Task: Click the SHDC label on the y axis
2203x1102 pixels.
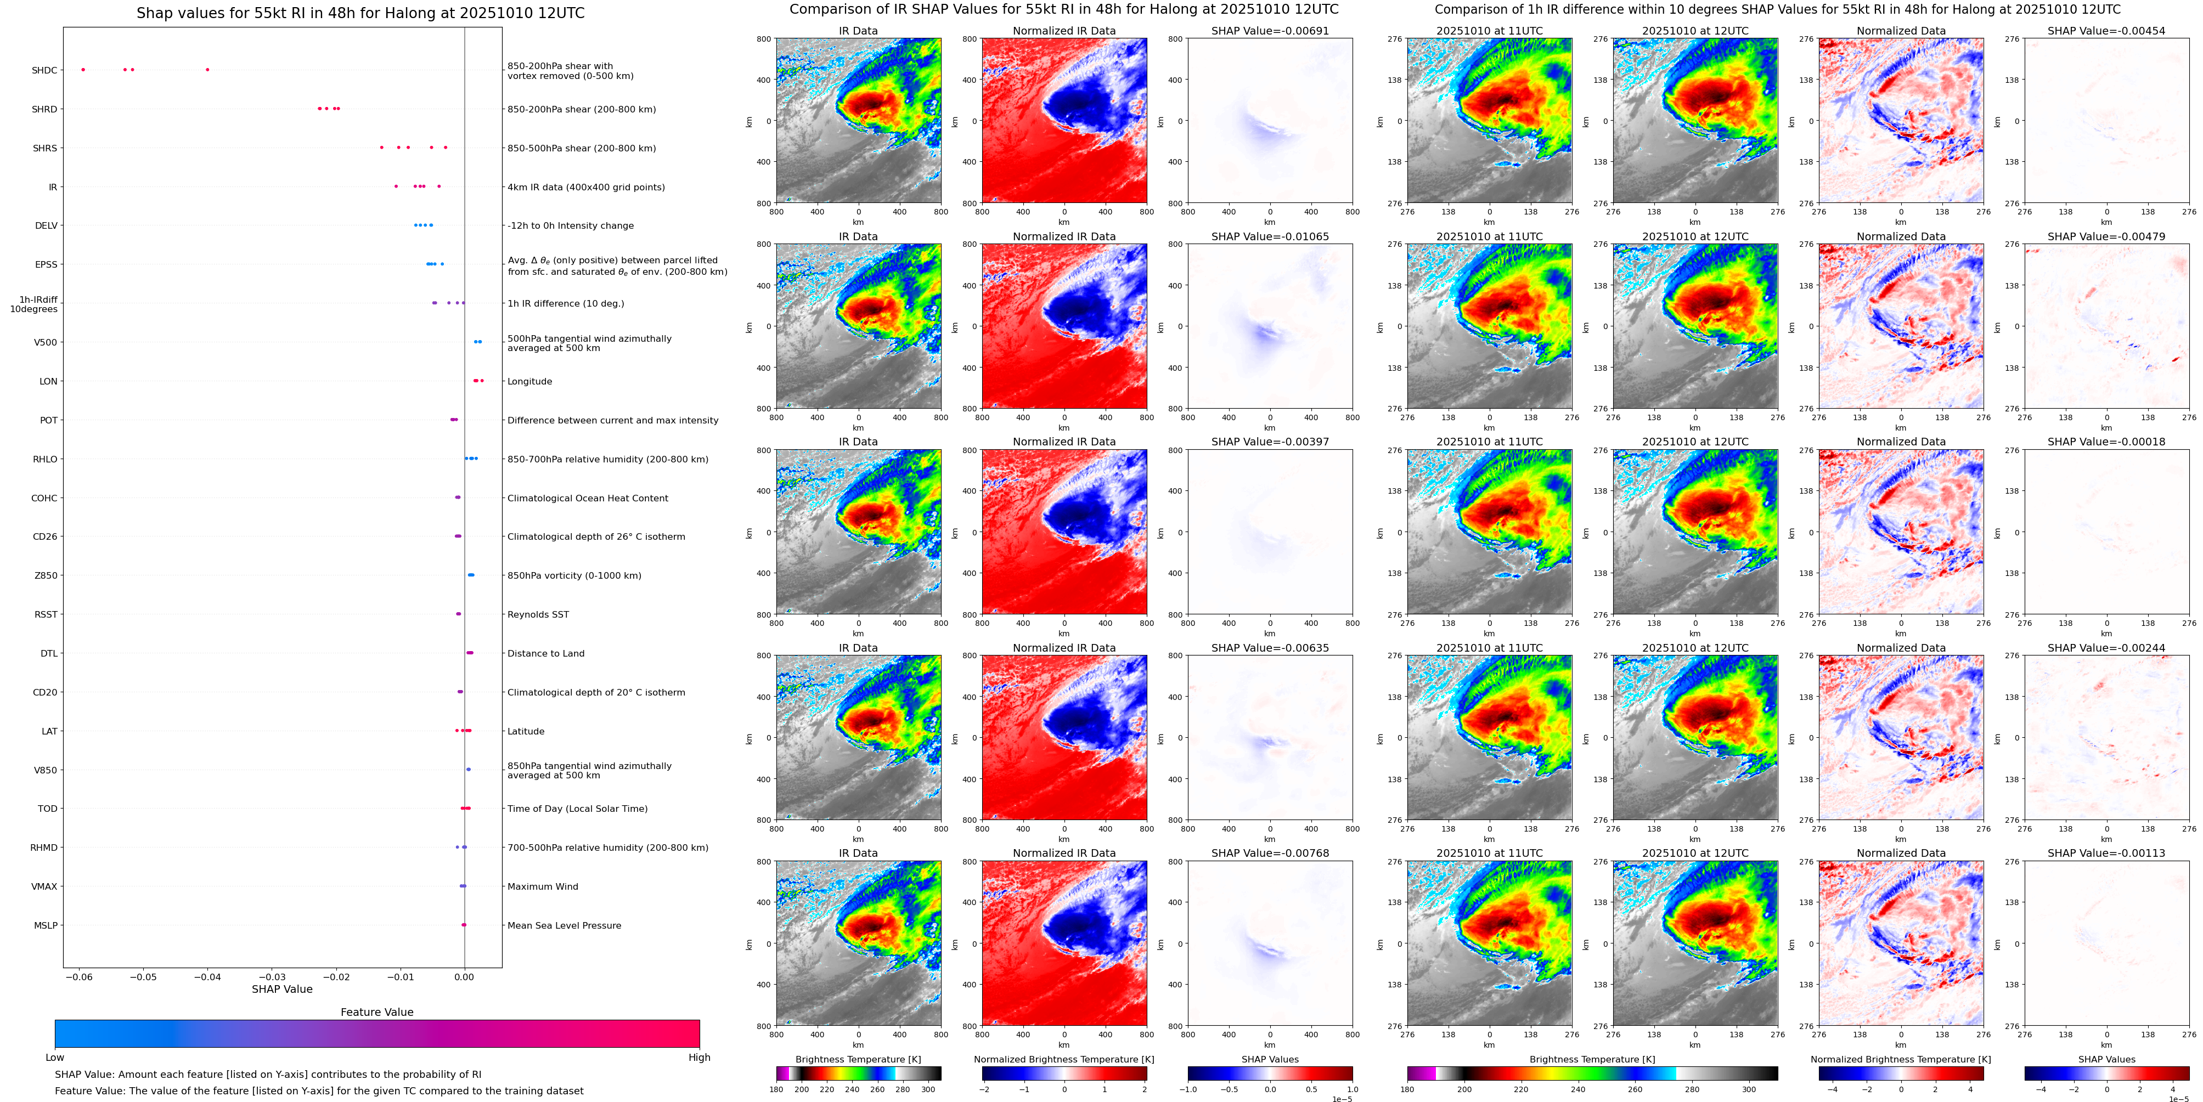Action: pos(44,70)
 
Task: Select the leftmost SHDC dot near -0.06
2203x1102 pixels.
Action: pos(83,69)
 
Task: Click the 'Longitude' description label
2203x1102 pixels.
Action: pos(529,381)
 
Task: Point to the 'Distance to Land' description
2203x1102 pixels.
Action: pos(545,653)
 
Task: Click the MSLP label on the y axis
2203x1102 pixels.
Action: pos(46,925)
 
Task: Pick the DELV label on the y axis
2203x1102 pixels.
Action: pos(46,225)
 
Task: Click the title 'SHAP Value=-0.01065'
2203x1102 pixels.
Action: pos(1270,237)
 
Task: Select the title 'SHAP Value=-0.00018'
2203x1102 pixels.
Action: pos(2106,442)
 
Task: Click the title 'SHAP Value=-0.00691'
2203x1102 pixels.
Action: pos(1270,31)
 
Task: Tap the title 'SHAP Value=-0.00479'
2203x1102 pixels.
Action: pos(2106,237)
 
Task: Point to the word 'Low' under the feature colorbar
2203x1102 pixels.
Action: pos(55,1058)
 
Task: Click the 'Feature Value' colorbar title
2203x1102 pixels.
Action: pos(377,1012)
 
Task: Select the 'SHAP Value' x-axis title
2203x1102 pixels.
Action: pos(282,989)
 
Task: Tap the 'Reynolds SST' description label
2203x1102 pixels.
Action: pos(538,615)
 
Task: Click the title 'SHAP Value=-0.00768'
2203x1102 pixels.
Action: pos(1270,853)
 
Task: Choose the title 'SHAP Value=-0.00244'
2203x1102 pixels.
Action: pos(2106,648)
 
